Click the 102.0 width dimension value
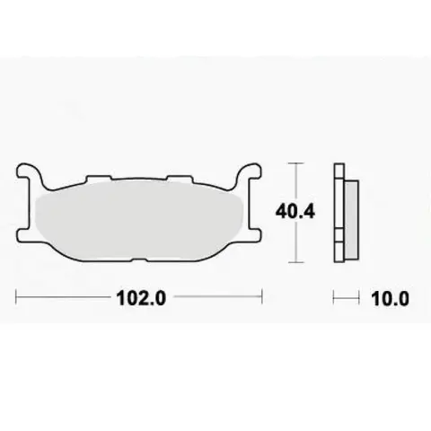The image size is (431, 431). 141,298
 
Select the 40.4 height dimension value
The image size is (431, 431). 295,212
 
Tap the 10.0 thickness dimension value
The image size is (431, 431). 390,298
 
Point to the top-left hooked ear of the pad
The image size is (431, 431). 29,173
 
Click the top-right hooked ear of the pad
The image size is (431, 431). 249,173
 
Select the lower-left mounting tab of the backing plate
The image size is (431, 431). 23,234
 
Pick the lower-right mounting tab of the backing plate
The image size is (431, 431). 255,234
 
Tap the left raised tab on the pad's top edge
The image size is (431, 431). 99,179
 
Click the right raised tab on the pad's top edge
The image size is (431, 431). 179,179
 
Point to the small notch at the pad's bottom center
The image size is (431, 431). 138,259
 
